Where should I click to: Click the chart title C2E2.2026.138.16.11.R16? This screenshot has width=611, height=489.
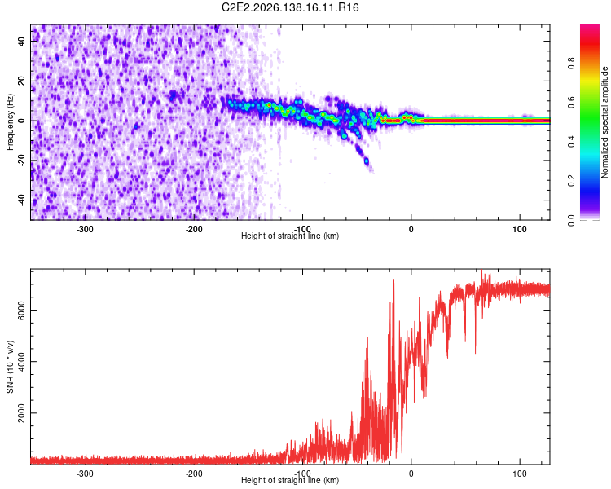click(x=290, y=7)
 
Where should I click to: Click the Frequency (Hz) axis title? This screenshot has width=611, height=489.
click(x=10, y=122)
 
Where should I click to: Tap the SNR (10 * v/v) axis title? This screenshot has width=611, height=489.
click(x=10, y=367)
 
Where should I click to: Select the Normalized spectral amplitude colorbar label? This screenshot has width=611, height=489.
click(x=604, y=122)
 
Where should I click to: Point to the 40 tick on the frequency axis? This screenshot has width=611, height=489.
click(x=22, y=41)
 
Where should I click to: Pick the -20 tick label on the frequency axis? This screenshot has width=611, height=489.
click(x=22, y=160)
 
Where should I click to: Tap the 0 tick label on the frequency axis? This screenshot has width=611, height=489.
click(x=22, y=121)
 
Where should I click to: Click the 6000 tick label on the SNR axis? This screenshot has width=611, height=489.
click(x=22, y=311)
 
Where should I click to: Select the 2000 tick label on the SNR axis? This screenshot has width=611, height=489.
click(x=22, y=413)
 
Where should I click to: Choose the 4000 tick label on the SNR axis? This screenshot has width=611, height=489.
click(x=22, y=362)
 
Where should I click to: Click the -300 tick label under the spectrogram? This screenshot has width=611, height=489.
click(x=85, y=229)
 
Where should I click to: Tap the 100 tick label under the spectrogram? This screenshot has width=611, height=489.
click(x=520, y=229)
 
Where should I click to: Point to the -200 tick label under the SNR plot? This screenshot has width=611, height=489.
click(x=194, y=474)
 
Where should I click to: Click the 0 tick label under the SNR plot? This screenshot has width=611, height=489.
click(x=411, y=474)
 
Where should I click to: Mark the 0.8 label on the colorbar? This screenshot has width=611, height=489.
click(x=571, y=63)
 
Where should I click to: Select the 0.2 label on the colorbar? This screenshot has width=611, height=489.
click(x=571, y=181)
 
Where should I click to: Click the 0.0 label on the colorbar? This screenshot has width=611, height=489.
click(x=571, y=220)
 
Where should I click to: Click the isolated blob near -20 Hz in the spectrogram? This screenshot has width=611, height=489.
click(x=367, y=161)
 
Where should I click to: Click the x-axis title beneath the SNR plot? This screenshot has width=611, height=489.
click(x=290, y=480)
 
